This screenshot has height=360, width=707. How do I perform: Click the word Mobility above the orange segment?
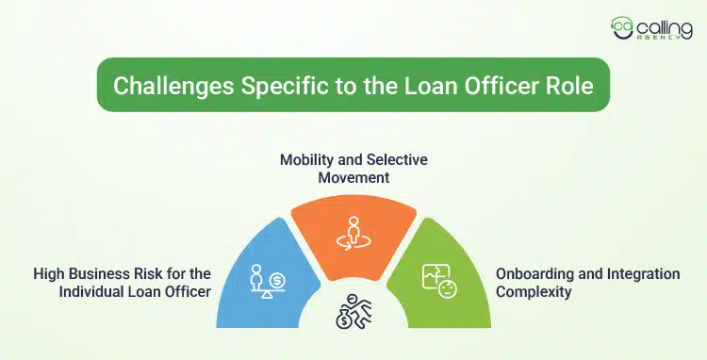pyautogui.click(x=307, y=159)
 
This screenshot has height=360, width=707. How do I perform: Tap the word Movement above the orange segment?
pyautogui.click(x=353, y=177)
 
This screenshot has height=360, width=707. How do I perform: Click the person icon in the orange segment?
pyautogui.click(x=353, y=230)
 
